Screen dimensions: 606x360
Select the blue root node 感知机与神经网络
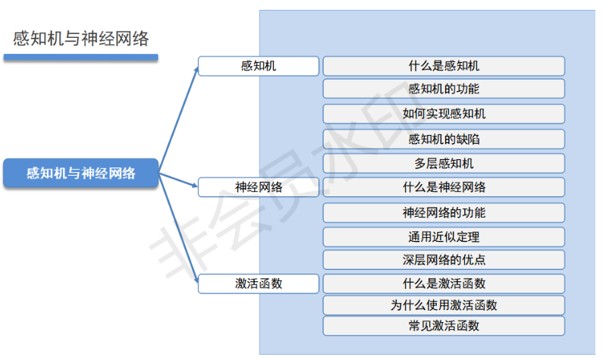coord(81,174)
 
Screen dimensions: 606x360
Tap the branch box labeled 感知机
coord(258,66)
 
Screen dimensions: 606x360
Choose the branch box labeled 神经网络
coord(258,186)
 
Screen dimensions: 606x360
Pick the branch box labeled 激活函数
coord(258,283)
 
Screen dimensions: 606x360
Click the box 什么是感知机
coord(444,66)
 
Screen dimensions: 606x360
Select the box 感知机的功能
coord(444,89)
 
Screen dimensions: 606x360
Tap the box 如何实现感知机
coord(444,114)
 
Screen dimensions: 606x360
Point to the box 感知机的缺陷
coord(444,139)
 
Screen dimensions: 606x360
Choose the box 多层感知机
coord(444,163)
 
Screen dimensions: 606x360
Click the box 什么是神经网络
coord(444,186)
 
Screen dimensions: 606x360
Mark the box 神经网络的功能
coord(444,212)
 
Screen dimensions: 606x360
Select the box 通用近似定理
coord(444,236)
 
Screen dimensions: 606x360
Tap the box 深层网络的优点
coord(444,260)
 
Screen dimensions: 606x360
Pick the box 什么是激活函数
coord(444,283)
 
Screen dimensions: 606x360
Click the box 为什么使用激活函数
coord(444,305)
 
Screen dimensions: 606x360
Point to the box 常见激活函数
coord(444,326)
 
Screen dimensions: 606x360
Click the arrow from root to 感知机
coord(179,114)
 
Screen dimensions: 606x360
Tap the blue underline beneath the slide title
coord(80,57)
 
